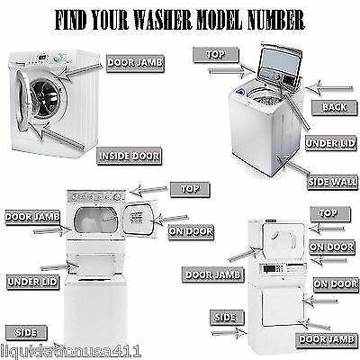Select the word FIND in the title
[70, 21]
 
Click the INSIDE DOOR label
[130, 156]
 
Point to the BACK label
[335, 107]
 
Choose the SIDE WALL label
[332, 182]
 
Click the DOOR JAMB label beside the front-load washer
[135, 63]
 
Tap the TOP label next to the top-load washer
[216, 55]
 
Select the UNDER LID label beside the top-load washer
[330, 143]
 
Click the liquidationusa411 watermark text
[70, 351]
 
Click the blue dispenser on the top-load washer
[239, 91]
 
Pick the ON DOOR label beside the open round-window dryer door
[191, 231]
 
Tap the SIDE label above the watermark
[26, 332]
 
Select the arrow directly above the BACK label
[329, 88]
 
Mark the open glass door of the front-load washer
[23, 101]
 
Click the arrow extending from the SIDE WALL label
[292, 165]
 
